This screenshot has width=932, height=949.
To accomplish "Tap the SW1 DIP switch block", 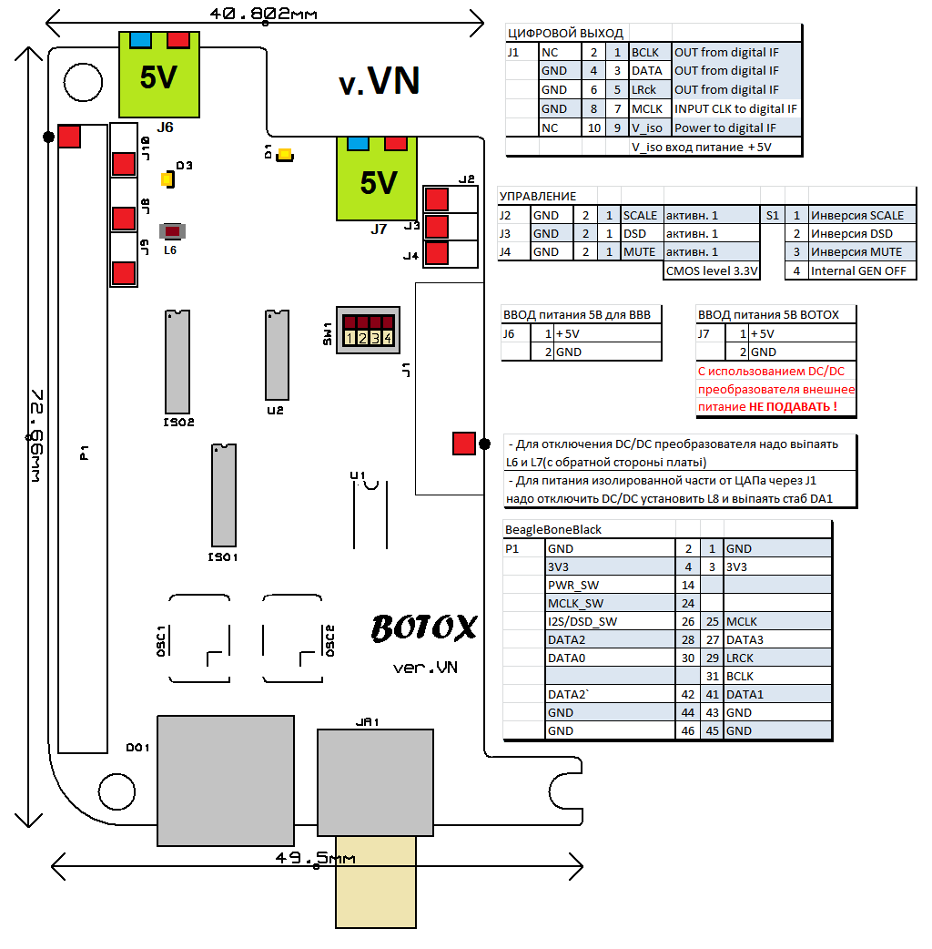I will pyautogui.click(x=368, y=330).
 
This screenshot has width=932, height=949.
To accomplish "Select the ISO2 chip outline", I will pyautogui.click(x=177, y=362).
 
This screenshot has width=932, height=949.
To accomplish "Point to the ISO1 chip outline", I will pyautogui.click(x=224, y=495).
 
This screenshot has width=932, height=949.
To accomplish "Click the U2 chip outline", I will pyautogui.click(x=275, y=357).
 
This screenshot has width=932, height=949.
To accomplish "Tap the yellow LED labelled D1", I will pyautogui.click(x=284, y=155).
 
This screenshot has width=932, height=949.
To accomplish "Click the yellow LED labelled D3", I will pyautogui.click(x=167, y=179).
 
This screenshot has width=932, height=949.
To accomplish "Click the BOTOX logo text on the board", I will pyautogui.click(x=424, y=628).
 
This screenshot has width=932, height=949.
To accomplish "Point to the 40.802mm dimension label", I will pyautogui.click(x=264, y=14).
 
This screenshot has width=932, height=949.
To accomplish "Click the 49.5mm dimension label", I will pyautogui.click(x=315, y=858).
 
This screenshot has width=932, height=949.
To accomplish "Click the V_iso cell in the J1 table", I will pyautogui.click(x=650, y=128).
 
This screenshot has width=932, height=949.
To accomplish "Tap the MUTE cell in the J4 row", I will pyautogui.click(x=639, y=252).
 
